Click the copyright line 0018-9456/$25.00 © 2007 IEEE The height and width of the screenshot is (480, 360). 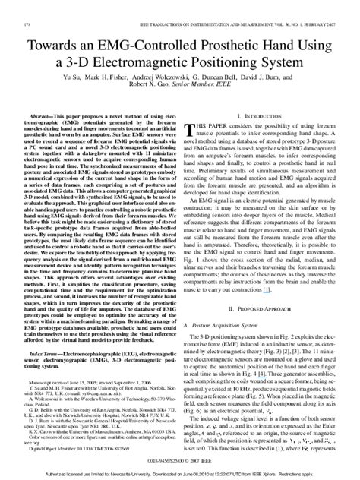(x=180, y=460)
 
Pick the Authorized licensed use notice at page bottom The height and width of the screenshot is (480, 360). (x=180, y=473)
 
